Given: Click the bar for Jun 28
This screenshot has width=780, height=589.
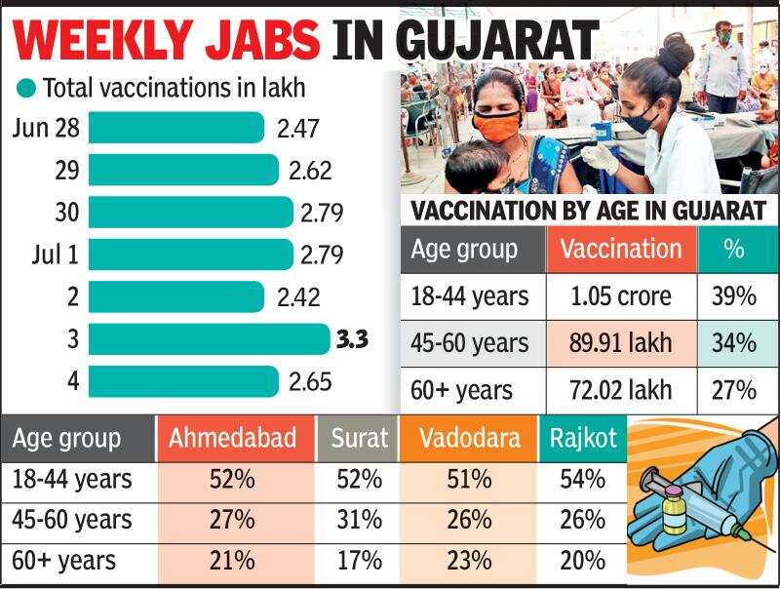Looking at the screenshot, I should (x=176, y=128).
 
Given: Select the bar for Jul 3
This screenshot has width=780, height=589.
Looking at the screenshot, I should (x=210, y=338).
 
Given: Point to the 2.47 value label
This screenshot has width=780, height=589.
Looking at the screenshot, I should (x=298, y=129).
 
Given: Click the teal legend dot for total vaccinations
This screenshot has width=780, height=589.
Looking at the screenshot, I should (x=26, y=89).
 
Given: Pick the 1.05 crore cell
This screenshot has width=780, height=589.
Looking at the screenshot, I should (x=621, y=296).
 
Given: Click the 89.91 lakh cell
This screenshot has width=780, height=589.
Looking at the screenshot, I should (x=621, y=343).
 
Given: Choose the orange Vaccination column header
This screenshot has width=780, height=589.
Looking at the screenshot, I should (x=621, y=249).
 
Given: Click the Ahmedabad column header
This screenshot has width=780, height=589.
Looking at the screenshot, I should (x=232, y=438).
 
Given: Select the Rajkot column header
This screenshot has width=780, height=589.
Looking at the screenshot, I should (x=582, y=438).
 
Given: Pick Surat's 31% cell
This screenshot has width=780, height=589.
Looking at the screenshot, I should (x=357, y=520).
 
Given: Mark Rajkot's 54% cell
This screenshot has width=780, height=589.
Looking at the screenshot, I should (x=582, y=479).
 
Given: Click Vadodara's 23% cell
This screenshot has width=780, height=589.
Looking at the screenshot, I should (x=468, y=561).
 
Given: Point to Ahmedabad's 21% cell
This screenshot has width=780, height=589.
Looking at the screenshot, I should (x=232, y=561).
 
